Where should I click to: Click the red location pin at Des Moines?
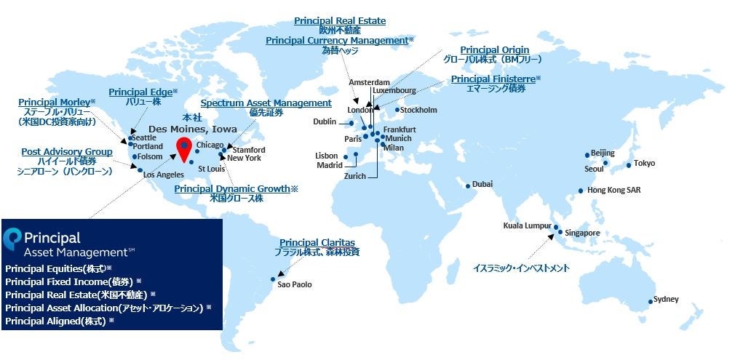click(184, 147)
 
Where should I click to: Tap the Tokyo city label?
click(644, 163)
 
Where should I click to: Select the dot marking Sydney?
click(651, 302)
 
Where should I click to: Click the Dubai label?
click(482, 185)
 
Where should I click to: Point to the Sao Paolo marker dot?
click(274, 278)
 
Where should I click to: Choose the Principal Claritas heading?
click(317, 242)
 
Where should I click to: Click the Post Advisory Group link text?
click(67, 151)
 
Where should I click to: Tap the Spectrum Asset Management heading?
click(266, 103)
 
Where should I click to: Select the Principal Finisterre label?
click(493, 79)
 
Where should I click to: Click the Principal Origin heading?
click(495, 49)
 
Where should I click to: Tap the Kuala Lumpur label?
click(527, 225)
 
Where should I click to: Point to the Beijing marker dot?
click(587, 155)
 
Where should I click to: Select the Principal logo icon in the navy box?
click(12, 238)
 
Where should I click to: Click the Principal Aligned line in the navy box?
click(56, 320)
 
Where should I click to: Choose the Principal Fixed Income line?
click(71, 281)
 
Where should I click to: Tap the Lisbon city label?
click(327, 156)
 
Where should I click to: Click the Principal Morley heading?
click(54, 102)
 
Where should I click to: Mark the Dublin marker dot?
click(351, 123)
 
